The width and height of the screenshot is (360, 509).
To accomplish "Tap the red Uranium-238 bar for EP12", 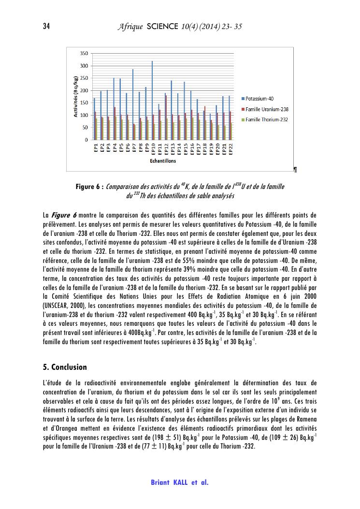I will (166, 117).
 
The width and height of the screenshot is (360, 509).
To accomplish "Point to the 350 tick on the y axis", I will (84, 53).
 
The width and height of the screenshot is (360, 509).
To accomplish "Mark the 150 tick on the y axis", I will (84, 103).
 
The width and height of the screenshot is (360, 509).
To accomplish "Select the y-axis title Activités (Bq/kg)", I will (75, 96).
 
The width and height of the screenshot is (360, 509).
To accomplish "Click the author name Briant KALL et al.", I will (180, 482).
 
